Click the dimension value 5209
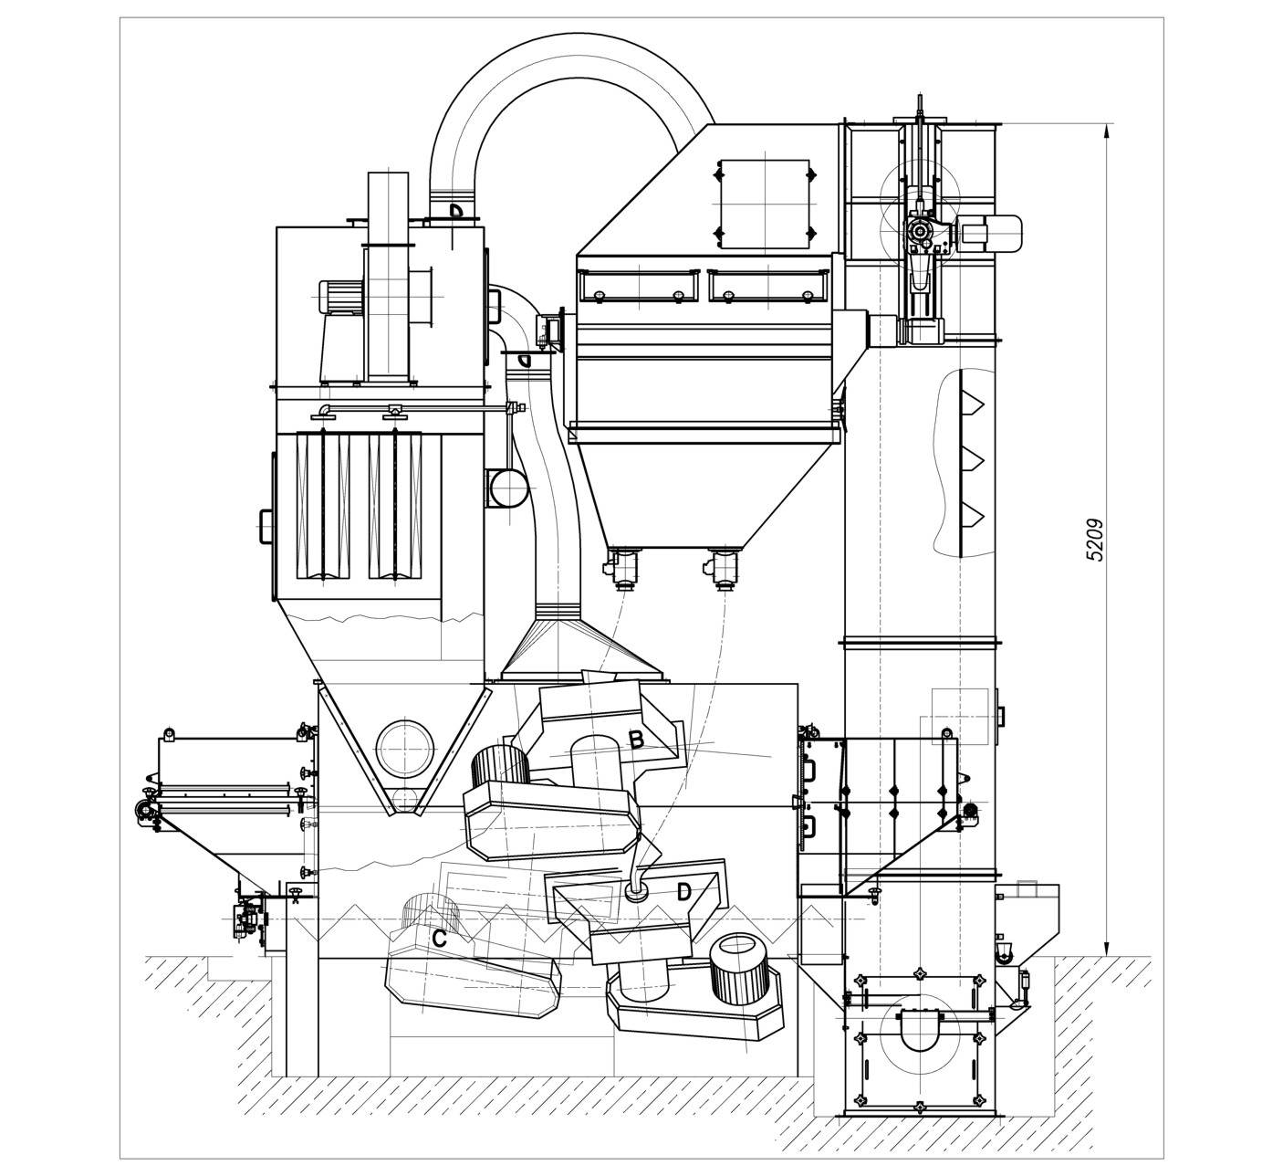pyautogui.click(x=1095, y=540)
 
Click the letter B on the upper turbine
pyautogui.click(x=636, y=740)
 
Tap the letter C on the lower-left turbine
pyautogui.click(x=439, y=939)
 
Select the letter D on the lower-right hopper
pyautogui.click(x=683, y=891)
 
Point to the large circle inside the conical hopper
pyautogui.click(x=405, y=749)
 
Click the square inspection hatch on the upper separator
pyautogui.click(x=765, y=205)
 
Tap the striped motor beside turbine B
pyautogui.click(x=500, y=766)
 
